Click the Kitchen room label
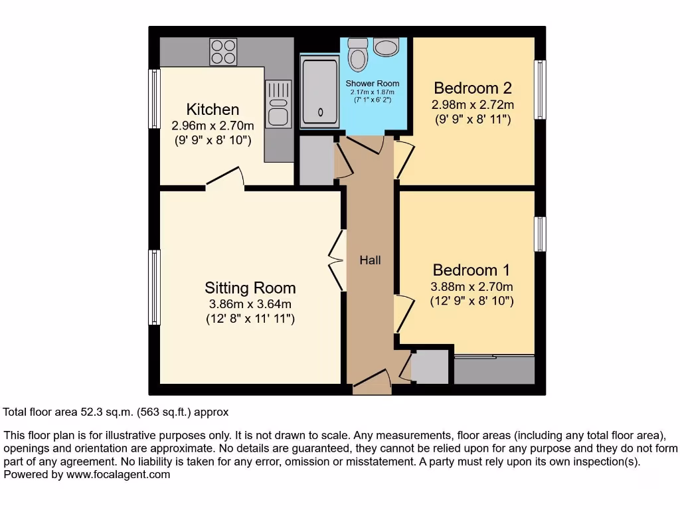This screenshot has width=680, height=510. point(212,110)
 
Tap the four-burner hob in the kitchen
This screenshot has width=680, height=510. point(224,52)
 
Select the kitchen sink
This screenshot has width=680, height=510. point(278,104)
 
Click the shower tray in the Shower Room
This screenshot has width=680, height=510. point(320,92)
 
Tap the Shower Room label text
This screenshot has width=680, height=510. point(373,84)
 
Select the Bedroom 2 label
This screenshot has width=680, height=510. point(473,88)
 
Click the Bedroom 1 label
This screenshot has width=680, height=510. point(471,270)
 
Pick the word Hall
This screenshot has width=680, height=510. point(371,260)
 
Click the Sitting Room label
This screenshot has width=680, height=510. point(250,288)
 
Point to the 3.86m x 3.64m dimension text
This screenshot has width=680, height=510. point(250,304)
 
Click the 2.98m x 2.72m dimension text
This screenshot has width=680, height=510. point(473,105)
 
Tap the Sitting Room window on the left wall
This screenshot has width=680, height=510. point(155,287)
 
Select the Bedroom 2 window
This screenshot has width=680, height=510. point(540,90)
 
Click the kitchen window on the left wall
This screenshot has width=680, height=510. point(155,99)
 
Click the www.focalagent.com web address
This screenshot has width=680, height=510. point(118,475)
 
